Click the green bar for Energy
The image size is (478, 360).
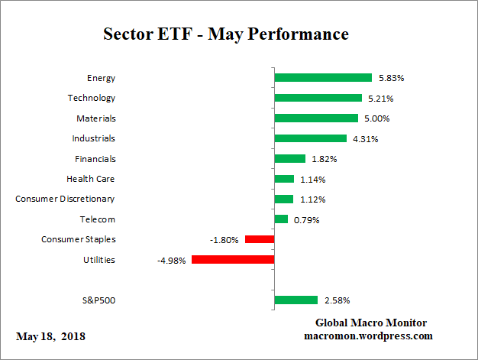click(322, 78)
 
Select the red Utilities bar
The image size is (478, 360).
click(233, 260)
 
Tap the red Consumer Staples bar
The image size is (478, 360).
click(260, 239)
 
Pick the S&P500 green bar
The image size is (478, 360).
click(296, 300)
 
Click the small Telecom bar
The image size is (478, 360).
click(281, 219)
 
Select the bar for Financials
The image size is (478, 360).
click(289, 159)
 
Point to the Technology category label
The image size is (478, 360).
click(91, 98)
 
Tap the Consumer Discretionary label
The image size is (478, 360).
click(66, 199)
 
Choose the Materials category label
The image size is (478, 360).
click(95, 118)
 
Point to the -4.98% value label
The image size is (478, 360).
click(171, 260)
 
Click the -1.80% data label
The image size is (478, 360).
click(224, 240)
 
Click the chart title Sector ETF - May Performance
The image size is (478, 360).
click(225, 34)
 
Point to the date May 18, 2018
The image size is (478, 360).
click(51, 336)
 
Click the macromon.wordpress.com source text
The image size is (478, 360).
click(370, 336)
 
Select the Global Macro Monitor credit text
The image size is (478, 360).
click(370, 323)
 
